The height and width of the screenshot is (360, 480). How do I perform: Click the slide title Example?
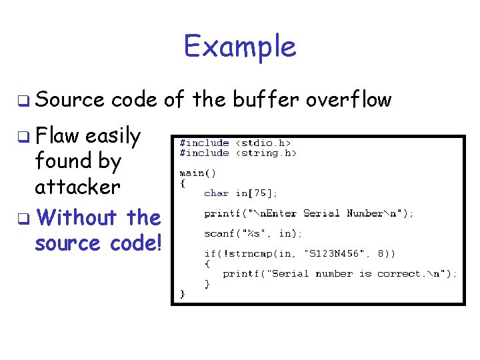[x=240, y=47]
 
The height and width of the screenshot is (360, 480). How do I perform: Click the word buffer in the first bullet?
[x=266, y=100]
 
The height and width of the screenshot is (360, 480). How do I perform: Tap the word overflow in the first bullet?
[x=349, y=100]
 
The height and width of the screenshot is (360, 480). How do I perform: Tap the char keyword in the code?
[x=216, y=193]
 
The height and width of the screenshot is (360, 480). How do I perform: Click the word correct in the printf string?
[x=400, y=273]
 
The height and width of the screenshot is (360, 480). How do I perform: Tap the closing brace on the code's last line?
[x=182, y=293]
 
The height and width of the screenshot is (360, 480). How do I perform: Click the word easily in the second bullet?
[x=113, y=137]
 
